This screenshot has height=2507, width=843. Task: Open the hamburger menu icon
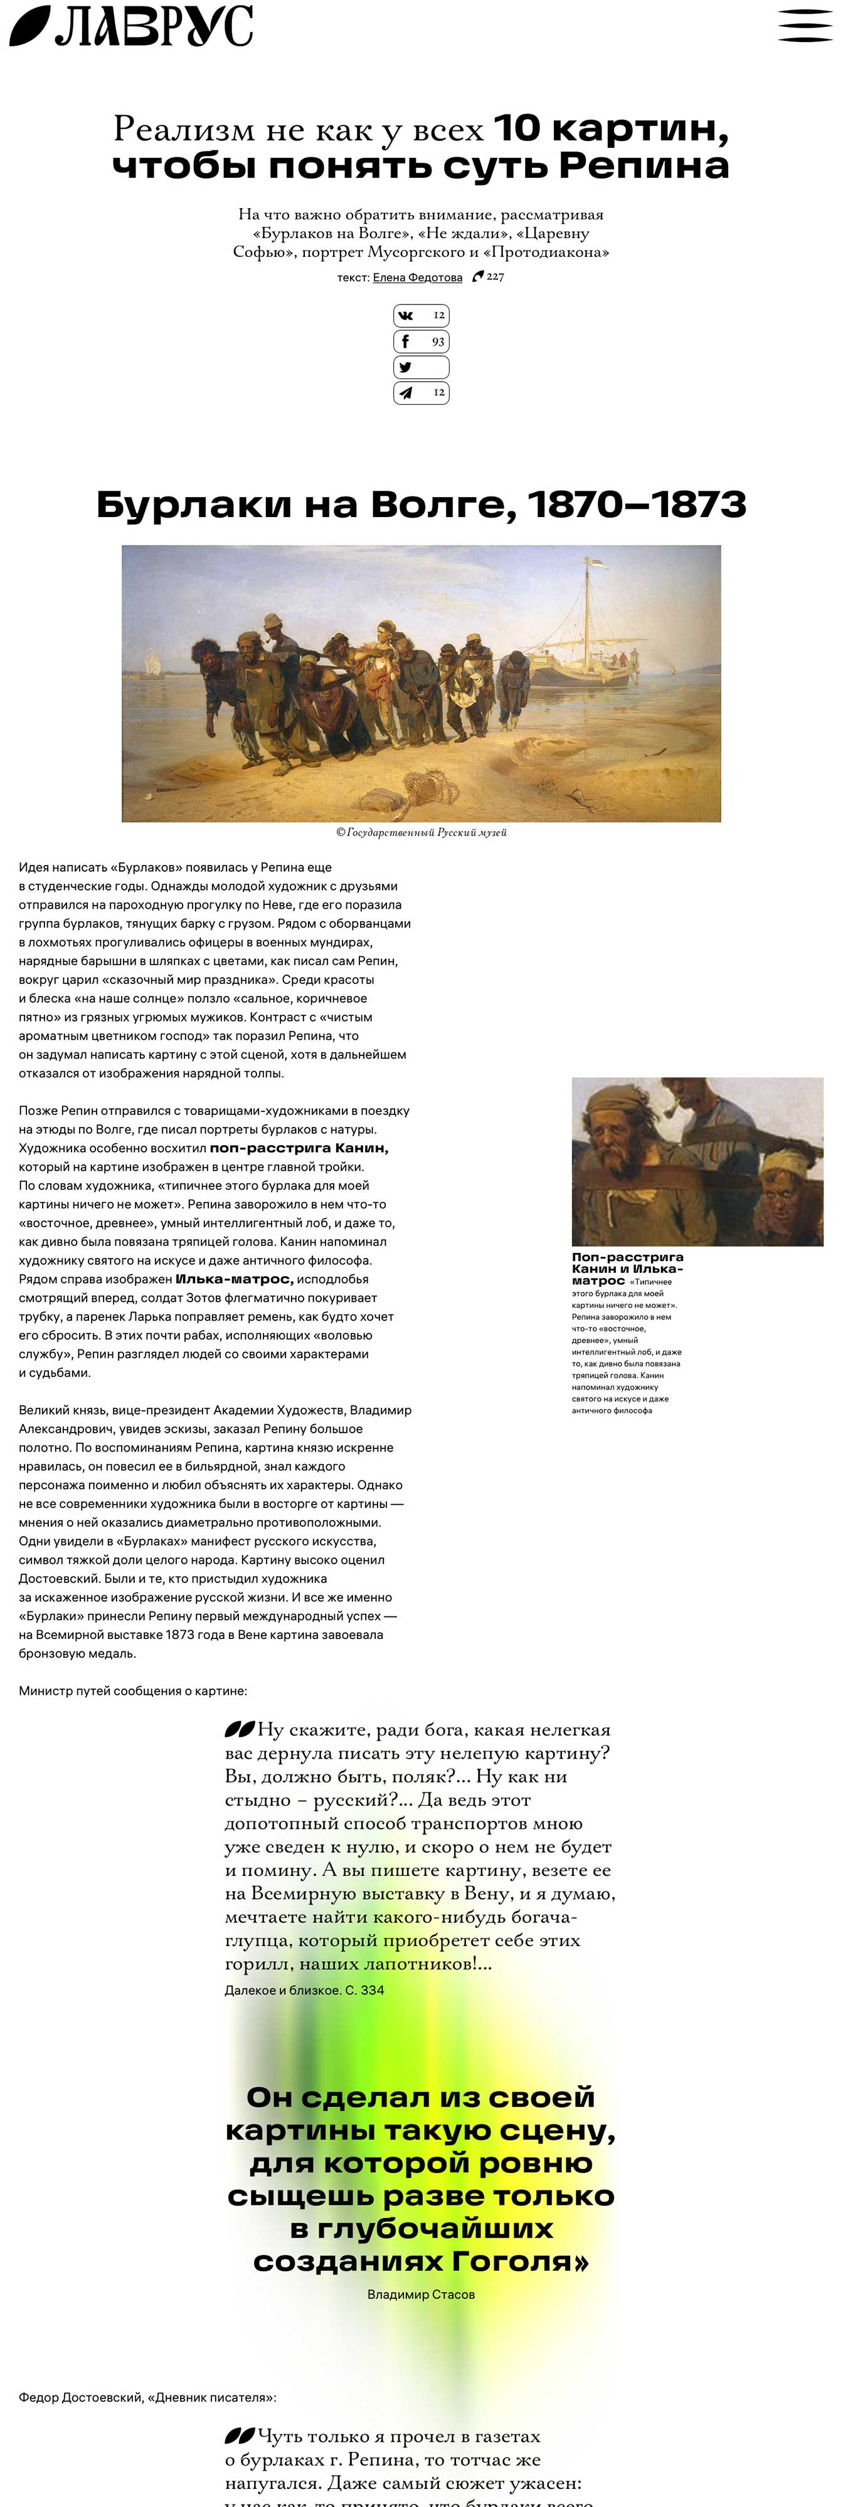804,25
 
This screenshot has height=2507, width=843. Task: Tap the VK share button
420,315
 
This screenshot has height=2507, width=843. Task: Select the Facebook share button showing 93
420,342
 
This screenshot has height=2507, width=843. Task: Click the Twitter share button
420,367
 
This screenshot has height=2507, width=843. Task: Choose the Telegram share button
420,392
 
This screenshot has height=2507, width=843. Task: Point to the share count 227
494,276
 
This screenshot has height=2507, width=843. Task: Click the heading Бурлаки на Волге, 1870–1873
420,504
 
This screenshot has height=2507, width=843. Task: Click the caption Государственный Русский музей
420,832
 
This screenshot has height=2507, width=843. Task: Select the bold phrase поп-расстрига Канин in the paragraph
299,1148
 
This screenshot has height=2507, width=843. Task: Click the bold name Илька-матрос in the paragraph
233,1279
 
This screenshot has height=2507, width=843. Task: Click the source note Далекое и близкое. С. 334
304,1989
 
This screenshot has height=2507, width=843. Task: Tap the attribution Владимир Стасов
420,2294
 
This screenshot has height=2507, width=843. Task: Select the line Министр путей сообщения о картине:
132,1690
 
